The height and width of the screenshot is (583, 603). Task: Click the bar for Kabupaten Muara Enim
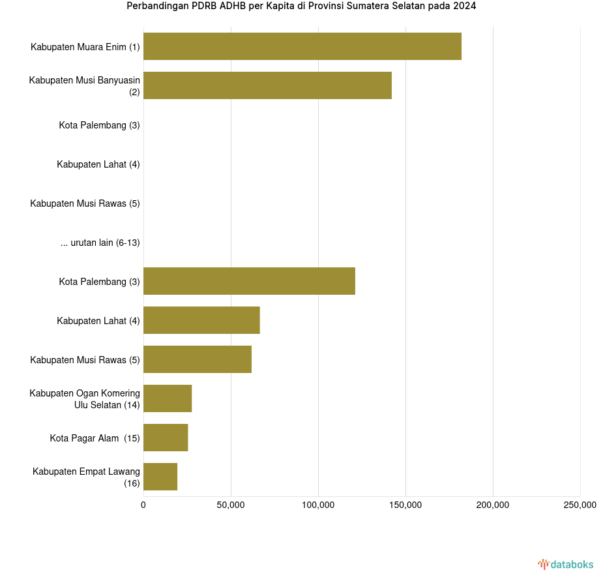tap(302, 46)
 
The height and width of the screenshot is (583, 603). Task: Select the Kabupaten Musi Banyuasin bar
tap(267, 85)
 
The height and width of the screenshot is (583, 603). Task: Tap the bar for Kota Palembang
tap(249, 281)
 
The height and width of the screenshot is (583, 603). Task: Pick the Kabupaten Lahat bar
tap(201, 320)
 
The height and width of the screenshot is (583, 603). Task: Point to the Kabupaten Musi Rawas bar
tap(197, 359)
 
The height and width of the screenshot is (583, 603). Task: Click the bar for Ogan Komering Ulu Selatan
tap(168, 398)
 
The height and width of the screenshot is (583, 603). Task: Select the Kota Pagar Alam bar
tap(166, 438)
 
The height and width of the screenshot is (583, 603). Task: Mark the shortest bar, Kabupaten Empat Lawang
tap(160, 477)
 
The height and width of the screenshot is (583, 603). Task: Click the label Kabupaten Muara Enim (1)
tap(85, 47)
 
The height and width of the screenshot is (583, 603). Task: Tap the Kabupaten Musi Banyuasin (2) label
tap(85, 86)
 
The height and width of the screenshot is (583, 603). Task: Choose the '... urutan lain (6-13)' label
tap(100, 243)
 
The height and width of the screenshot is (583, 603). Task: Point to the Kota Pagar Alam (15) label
tap(95, 438)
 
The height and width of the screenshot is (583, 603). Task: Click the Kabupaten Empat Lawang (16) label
tap(86, 477)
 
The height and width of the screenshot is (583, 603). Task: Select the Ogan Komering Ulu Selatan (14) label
tap(85, 399)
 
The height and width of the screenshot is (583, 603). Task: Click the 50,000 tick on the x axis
tap(231, 505)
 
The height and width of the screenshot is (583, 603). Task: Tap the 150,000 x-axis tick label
tap(405, 505)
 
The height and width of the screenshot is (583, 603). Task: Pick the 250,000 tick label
tap(580, 505)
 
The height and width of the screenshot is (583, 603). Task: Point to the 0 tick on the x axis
tap(143, 505)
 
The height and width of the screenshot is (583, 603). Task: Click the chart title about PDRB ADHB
tap(301, 7)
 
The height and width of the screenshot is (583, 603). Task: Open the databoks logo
tap(565, 564)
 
